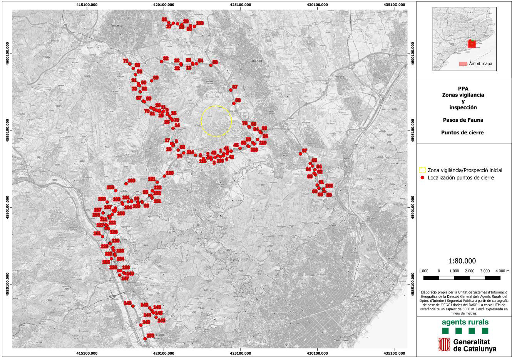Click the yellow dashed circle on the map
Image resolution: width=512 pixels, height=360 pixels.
point(216,121)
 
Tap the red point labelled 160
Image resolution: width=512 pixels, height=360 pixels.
point(126,184)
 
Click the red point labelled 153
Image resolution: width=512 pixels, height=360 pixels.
point(194,26)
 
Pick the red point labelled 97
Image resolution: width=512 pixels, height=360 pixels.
point(231,90)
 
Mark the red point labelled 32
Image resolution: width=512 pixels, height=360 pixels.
point(162,61)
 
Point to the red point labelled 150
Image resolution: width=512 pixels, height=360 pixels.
point(145,338)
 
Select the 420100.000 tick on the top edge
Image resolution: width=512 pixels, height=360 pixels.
point(164,5)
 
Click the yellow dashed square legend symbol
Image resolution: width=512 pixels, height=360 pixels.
point(423,170)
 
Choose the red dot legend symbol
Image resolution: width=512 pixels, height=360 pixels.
point(423,178)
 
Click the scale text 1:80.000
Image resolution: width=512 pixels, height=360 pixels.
point(462,261)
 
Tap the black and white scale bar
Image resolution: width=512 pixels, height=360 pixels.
point(462,278)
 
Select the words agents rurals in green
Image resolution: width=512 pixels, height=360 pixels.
point(465,322)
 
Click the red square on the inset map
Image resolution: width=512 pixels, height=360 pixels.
point(472,44)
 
